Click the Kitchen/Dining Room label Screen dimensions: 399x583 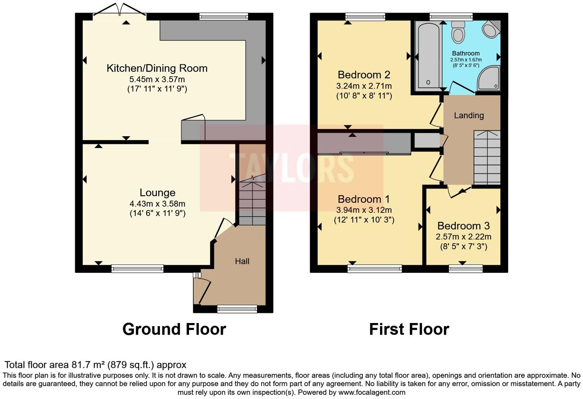157,68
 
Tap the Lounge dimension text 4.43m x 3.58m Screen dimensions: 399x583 157,204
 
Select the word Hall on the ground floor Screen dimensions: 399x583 242,261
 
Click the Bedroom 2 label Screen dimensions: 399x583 364,74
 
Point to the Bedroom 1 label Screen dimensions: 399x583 364,199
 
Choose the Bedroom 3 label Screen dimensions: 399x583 463,226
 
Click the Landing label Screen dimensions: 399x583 469,115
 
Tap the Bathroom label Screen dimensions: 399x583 466,53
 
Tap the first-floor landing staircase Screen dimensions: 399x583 487,157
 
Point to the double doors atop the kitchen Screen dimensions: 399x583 119,10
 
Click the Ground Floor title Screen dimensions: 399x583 174,329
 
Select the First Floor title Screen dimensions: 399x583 409,329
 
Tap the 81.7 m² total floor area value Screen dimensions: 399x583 88,364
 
